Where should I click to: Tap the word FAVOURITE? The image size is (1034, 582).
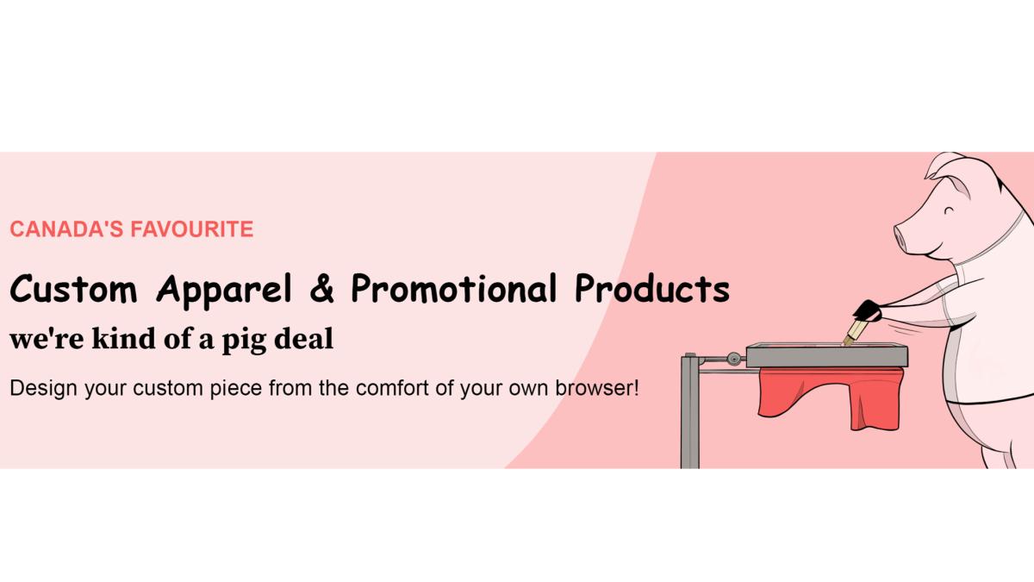click(192, 229)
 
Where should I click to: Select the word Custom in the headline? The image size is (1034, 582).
click(74, 288)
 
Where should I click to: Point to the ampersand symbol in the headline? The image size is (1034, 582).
click(322, 288)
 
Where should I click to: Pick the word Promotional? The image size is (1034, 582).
click(454, 288)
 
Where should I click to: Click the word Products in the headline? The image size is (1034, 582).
click(652, 288)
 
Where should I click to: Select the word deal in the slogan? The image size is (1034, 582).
click(303, 338)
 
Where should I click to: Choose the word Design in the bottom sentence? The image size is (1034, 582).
click(43, 389)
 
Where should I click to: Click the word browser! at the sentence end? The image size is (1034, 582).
click(597, 388)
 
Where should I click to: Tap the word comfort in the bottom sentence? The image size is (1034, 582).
click(392, 388)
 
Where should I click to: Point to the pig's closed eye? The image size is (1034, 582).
click(949, 211)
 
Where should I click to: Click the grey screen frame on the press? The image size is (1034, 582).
click(826, 355)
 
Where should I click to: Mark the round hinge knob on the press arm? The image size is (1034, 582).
click(733, 358)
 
